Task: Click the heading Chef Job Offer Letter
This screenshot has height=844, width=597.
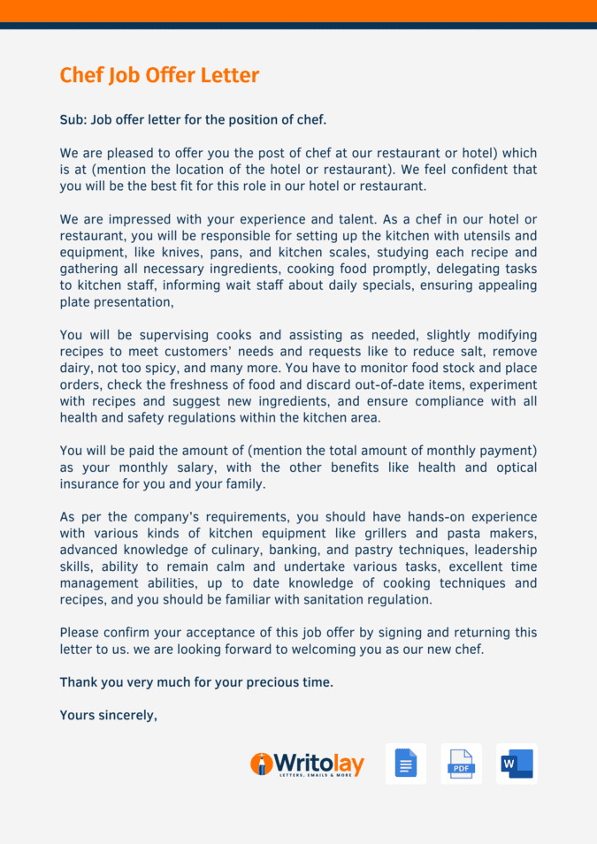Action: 159,75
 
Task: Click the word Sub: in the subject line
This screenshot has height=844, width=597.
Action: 73,119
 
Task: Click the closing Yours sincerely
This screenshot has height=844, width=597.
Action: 108,715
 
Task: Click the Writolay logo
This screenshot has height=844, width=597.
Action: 307,764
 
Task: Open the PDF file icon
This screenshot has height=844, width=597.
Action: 461,764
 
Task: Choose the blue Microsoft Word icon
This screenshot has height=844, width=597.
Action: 517,764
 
